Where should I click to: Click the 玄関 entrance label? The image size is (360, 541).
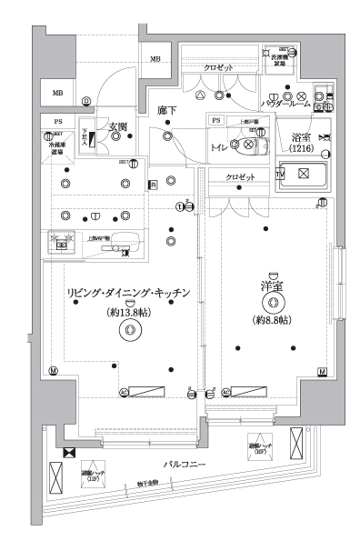[118, 126]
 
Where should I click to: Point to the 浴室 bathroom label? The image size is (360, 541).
[302, 139]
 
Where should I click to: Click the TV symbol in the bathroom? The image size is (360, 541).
[280, 173]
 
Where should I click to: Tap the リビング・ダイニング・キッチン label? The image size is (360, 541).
[127, 293]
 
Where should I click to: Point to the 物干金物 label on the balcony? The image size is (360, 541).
[148, 484]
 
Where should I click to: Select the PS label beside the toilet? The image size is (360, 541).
[216, 121]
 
